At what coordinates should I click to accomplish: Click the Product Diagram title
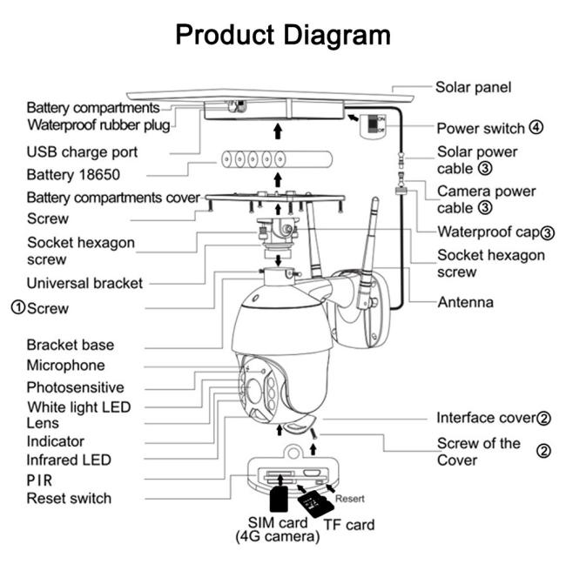[x=283, y=35]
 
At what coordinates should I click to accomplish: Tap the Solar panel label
[x=473, y=87]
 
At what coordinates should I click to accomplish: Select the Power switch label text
[x=480, y=128]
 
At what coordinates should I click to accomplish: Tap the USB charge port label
[x=82, y=152]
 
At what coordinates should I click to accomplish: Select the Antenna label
[x=465, y=303]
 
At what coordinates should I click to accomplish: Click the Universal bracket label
[x=84, y=283]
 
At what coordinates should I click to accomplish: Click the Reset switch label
[x=69, y=498]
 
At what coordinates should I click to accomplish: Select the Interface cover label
[x=485, y=418]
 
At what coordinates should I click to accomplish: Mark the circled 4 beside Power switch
[x=536, y=128]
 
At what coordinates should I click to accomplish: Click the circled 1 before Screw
[x=17, y=307]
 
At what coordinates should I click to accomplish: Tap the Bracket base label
[x=70, y=345]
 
